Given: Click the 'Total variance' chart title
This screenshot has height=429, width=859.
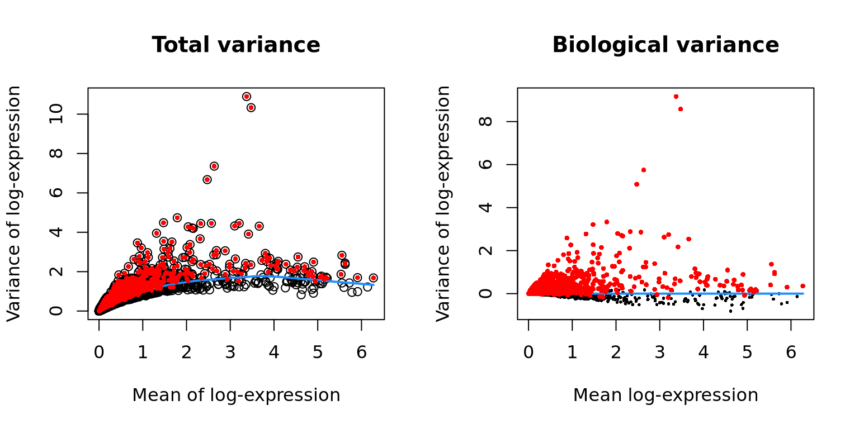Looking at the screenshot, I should coord(236,45).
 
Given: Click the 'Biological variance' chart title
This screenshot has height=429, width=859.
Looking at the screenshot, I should coord(666,45).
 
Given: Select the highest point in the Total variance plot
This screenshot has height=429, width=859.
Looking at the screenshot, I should coord(247,96).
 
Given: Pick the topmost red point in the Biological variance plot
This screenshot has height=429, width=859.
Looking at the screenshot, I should coord(676,97).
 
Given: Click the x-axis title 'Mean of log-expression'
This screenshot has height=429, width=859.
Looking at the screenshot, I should coord(236,395).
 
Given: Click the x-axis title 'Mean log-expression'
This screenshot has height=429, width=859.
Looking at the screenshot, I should coord(666,395).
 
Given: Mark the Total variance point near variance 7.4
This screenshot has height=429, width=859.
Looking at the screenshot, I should coord(214,166).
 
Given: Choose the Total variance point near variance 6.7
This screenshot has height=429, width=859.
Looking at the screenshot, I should coord(207,179).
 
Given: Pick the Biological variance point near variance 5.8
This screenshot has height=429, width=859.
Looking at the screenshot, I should coord(644,170).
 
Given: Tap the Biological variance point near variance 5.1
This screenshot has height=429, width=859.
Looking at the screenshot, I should coord(636,184).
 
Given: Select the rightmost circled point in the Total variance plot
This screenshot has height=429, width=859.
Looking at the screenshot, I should coord(373,278).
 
